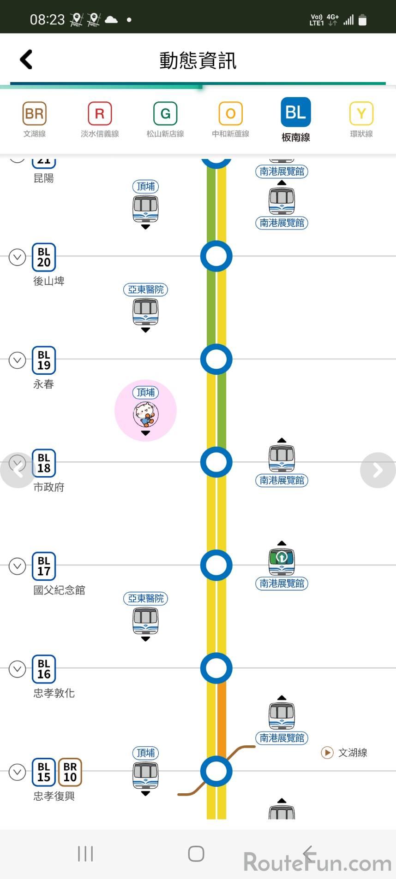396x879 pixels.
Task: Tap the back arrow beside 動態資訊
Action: coord(26,59)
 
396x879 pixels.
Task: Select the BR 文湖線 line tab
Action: coord(35,120)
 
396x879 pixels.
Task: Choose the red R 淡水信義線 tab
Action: coord(100,120)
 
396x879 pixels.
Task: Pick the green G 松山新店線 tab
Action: coord(165,120)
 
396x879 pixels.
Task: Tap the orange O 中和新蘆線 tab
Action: coord(230,120)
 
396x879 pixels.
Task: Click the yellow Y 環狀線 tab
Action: coord(361,120)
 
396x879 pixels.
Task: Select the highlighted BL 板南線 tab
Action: coord(296,119)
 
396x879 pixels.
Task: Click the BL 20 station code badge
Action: coord(44,257)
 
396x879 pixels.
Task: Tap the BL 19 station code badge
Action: coord(44,360)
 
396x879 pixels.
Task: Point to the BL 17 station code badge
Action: coord(44,566)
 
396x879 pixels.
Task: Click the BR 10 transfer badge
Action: coord(70,772)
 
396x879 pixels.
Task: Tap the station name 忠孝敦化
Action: coord(54,693)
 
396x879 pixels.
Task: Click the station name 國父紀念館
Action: coord(59,590)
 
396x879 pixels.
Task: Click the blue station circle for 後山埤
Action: coord(216,256)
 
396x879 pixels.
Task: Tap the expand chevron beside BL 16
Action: coord(17,669)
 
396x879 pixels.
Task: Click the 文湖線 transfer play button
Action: coord(327,753)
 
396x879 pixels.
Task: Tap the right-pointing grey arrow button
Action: coord(378,470)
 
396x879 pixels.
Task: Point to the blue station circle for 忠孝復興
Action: coord(216,771)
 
